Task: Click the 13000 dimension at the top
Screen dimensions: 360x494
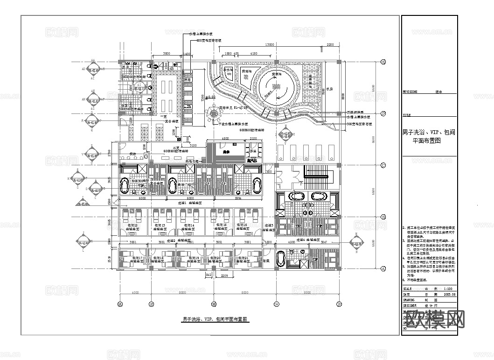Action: coord(269,44)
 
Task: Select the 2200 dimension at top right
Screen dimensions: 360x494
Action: coord(330,44)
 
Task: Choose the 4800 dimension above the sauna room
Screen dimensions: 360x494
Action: coord(225,139)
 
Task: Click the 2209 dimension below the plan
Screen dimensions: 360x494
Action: coord(224,277)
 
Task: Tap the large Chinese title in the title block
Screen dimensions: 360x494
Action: coord(429,136)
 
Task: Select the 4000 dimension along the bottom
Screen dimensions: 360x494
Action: coord(135,293)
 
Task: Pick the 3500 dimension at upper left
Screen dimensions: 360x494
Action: coord(167,54)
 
